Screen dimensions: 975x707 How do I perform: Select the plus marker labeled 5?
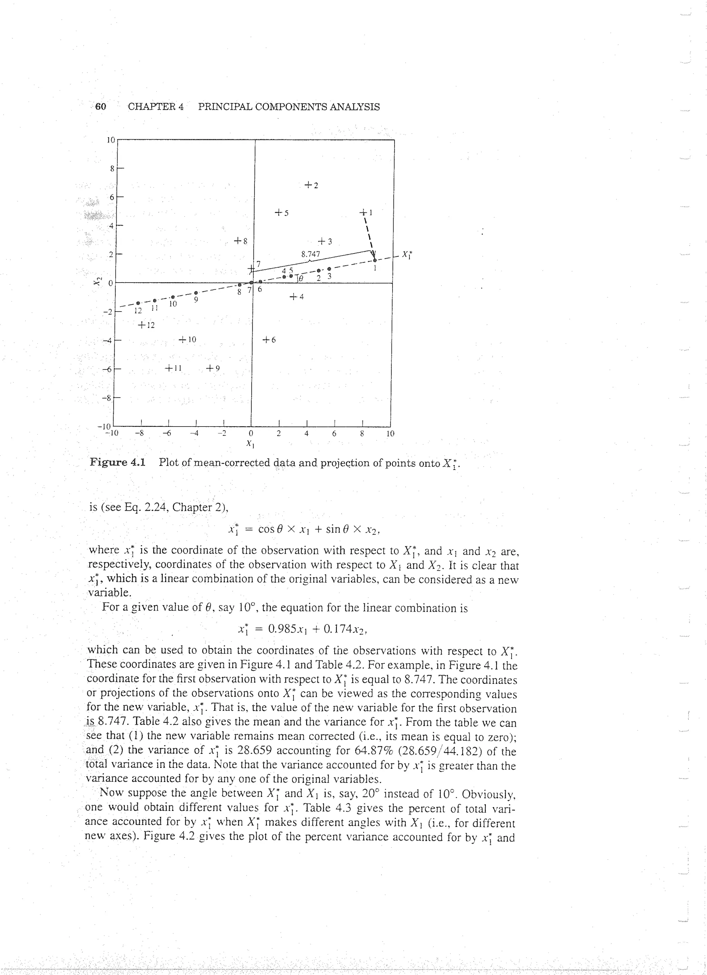click(279, 212)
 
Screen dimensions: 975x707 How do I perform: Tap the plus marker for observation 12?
click(142, 325)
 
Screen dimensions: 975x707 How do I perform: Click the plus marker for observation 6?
click(266, 340)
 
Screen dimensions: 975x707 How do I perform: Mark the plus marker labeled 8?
click(238, 241)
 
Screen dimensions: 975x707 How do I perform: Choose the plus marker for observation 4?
click(293, 297)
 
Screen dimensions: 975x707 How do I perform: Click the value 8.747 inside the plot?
click(310, 254)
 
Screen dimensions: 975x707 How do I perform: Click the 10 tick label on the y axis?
click(111, 140)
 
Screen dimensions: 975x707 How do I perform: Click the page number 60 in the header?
click(100, 107)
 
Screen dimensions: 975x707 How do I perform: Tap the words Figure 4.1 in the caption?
click(117, 462)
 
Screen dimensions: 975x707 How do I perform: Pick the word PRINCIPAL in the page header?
click(226, 107)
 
